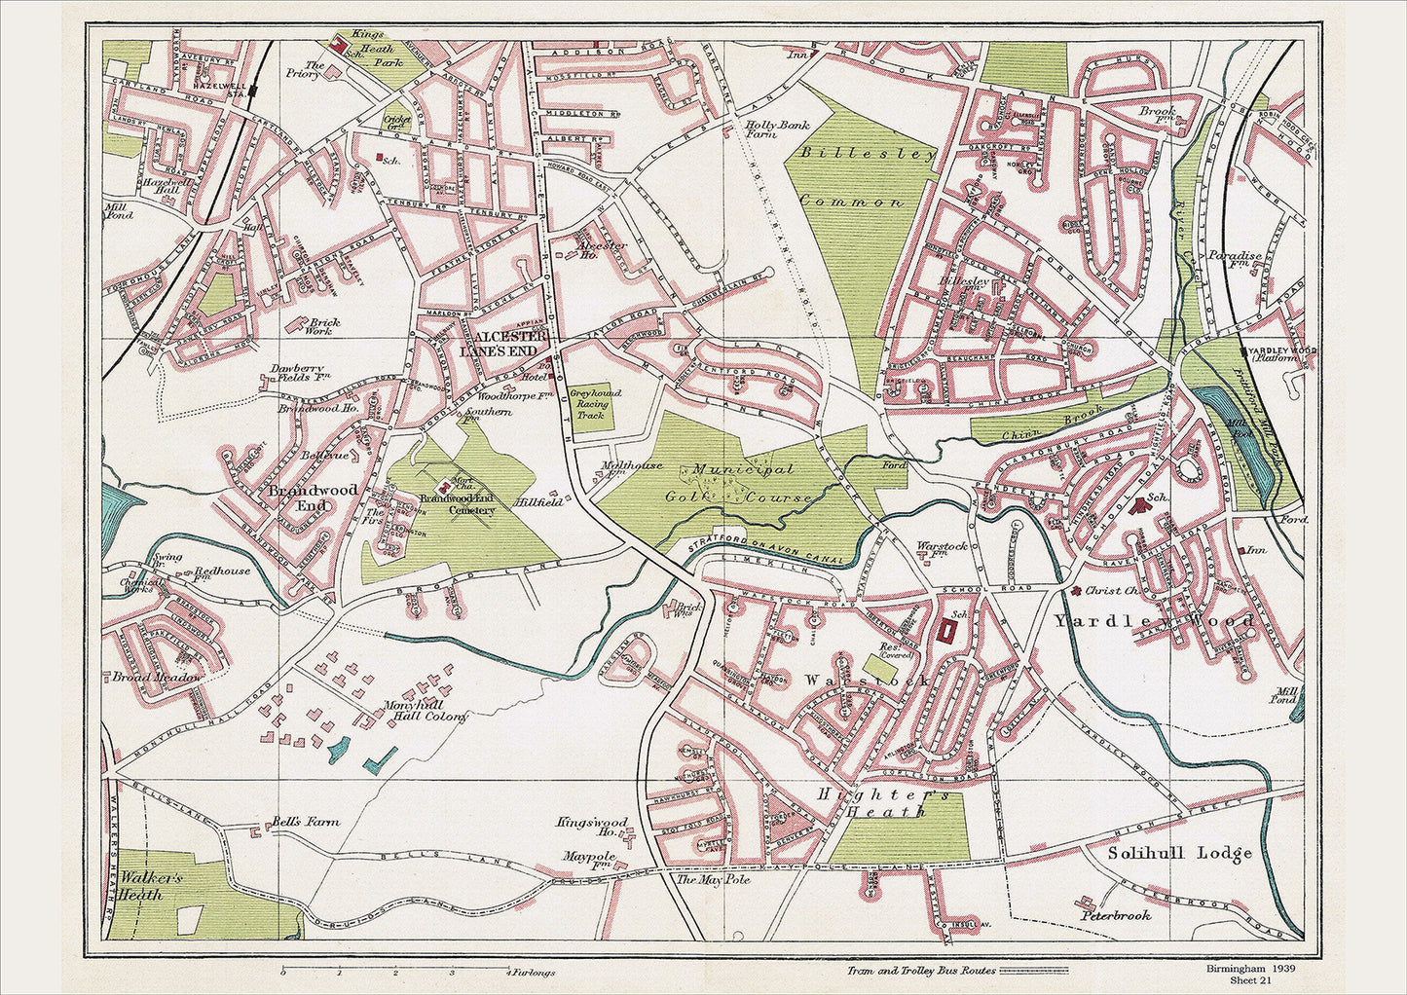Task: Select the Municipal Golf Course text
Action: click(x=750, y=483)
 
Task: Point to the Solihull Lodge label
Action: click(x=1179, y=854)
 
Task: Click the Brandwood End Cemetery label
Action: click(x=458, y=504)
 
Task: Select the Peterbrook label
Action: click(x=1115, y=915)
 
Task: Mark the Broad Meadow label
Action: click(x=158, y=677)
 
